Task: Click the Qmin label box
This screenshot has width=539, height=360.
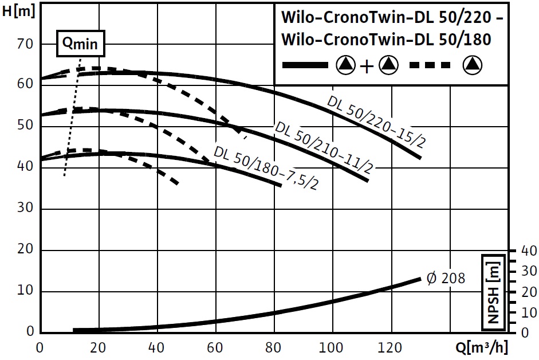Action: point(81,43)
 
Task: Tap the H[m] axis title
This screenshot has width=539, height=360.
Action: point(19,12)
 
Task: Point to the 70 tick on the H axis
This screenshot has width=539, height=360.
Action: point(26,44)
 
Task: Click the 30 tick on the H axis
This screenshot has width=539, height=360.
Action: point(26,209)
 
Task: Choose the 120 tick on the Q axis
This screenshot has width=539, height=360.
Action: point(391,347)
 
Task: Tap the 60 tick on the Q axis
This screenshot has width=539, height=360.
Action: point(215,347)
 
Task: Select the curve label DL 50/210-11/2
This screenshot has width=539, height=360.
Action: point(324,148)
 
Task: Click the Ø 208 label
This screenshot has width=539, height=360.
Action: point(446,279)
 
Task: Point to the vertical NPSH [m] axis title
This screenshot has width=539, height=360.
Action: point(494,292)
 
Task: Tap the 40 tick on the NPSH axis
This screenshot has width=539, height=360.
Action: point(529,251)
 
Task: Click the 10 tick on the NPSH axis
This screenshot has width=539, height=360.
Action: point(529,313)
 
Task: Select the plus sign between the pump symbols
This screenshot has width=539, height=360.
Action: point(367,66)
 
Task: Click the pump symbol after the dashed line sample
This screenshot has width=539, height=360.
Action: point(473,65)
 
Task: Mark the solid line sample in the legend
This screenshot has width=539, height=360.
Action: point(305,65)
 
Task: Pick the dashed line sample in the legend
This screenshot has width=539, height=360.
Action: point(432,65)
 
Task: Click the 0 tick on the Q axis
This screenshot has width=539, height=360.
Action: point(40,347)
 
